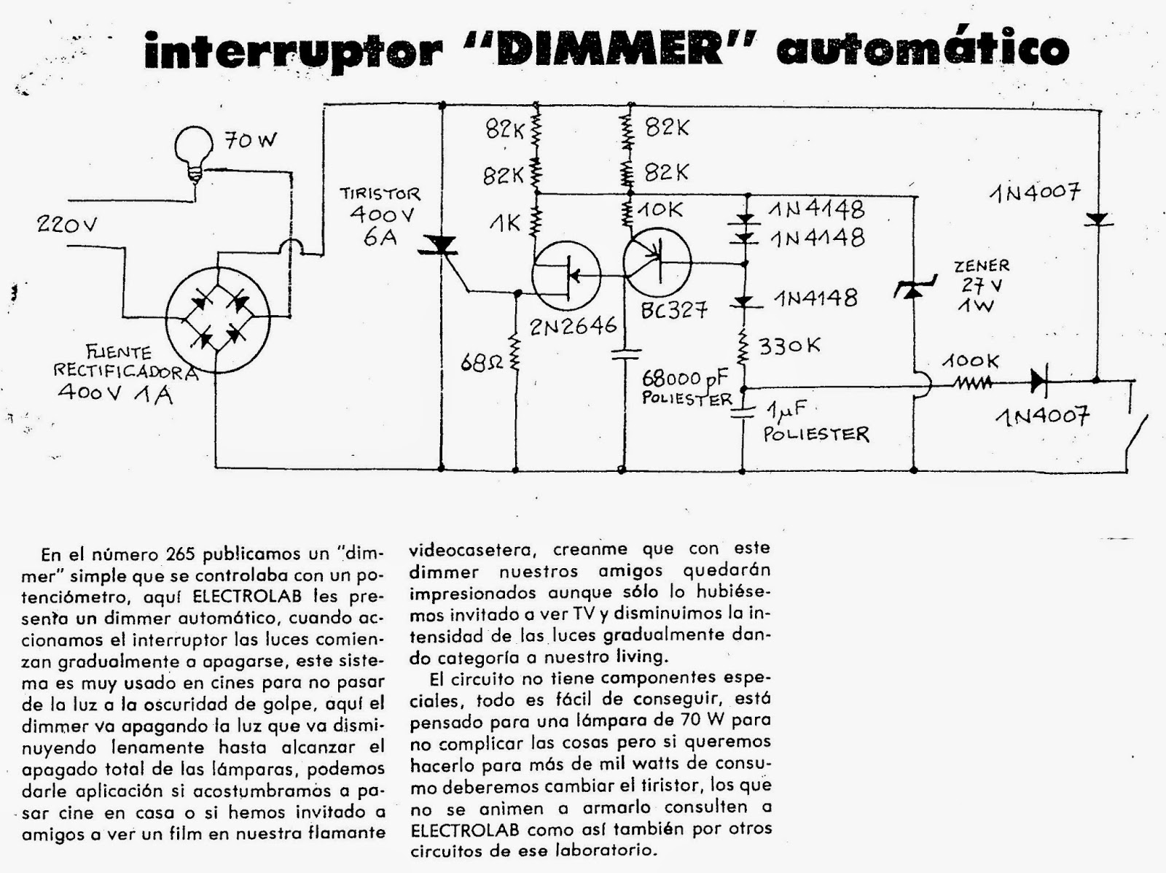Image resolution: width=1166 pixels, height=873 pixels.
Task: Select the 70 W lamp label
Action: pyautogui.click(x=250, y=140)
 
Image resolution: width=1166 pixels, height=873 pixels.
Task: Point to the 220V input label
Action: pyautogui.click(x=67, y=225)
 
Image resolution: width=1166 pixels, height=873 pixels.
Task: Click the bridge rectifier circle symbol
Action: pyautogui.click(x=218, y=318)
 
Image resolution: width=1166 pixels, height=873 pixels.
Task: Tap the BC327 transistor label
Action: pyautogui.click(x=674, y=309)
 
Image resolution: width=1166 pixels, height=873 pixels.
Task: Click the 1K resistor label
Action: pyautogui.click(x=504, y=223)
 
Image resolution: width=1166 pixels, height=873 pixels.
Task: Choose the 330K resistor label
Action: pyautogui.click(x=789, y=345)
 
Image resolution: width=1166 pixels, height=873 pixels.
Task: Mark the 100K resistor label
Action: pyautogui.click(x=972, y=362)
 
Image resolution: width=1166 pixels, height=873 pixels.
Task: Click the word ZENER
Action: pyautogui.click(x=982, y=265)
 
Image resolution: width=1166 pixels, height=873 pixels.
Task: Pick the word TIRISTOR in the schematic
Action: pyautogui.click(x=380, y=194)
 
